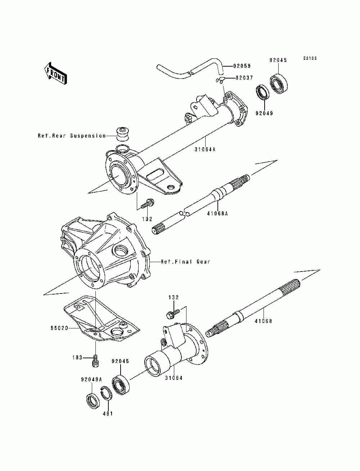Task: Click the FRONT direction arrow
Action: [54, 73]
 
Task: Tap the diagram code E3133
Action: [310, 58]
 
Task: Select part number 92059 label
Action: [242, 66]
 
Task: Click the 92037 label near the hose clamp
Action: [244, 78]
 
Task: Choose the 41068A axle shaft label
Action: [217, 213]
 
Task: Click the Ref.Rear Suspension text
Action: [72, 136]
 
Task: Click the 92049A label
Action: [91, 379]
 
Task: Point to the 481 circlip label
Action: [108, 413]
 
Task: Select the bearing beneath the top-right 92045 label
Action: [279, 84]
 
